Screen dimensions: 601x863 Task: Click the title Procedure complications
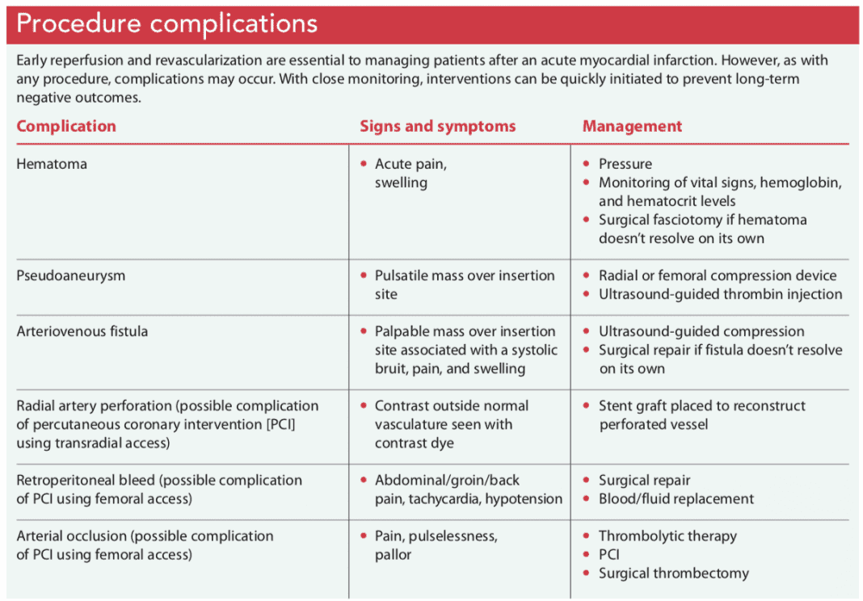166,23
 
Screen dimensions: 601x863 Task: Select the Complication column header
66,126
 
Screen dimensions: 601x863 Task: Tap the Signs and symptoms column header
437,126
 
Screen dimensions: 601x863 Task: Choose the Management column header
632,126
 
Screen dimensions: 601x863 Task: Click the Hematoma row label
52,164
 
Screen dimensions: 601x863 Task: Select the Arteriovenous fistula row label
82,331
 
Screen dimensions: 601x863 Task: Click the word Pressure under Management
625,164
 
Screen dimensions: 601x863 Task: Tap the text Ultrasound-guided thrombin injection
720,294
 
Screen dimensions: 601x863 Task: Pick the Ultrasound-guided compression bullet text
701,331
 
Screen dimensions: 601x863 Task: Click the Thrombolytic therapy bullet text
667,536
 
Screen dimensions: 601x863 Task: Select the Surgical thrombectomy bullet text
673,573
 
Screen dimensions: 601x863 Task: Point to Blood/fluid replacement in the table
676,498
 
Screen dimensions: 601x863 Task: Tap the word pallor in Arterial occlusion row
393,554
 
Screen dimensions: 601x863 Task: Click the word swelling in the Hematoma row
401,183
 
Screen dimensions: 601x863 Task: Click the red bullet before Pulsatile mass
364,275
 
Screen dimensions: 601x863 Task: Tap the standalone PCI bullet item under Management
608,554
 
